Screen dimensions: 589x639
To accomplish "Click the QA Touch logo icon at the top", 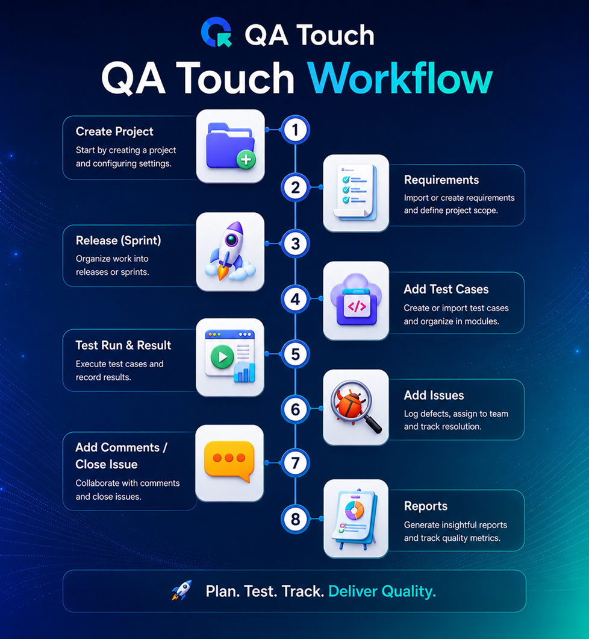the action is [217, 32].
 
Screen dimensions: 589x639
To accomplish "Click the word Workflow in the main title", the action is [400, 78].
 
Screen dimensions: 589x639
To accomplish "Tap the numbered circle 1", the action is [295, 130].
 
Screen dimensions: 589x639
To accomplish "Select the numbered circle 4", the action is [295, 299].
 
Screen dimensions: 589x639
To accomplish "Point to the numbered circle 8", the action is [295, 519].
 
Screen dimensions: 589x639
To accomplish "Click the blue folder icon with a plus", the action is [231, 146].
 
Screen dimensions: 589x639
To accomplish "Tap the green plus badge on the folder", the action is [246, 159].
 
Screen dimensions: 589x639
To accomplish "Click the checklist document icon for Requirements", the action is [355, 192].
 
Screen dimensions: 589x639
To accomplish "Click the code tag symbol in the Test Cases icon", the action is [357, 306].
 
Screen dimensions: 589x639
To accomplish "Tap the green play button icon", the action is [222, 357].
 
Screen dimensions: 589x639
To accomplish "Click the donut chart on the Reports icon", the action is [355, 510].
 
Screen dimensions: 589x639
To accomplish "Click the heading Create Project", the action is [114, 131].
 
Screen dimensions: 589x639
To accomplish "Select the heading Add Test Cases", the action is [446, 289].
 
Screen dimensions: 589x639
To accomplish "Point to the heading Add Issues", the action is [434, 395].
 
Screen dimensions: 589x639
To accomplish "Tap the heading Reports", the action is [426, 506].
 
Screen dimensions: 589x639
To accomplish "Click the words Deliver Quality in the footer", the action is [382, 591].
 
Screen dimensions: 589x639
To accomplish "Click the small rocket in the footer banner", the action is [181, 590].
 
